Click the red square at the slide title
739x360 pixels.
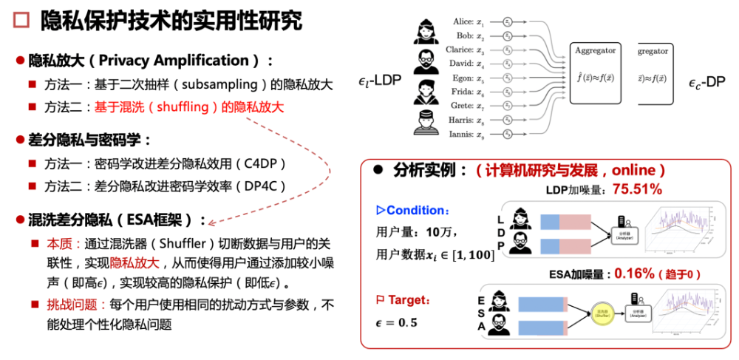tap(20, 20)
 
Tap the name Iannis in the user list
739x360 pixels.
tap(461, 134)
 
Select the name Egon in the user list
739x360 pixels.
tap(463, 78)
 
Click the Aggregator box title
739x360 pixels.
tap(595, 50)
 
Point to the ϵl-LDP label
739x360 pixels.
tap(379, 80)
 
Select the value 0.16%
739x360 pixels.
tap(634, 274)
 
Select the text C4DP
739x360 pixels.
tap(262, 164)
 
